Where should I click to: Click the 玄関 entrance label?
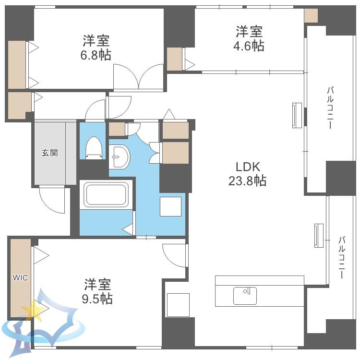coord(49,153)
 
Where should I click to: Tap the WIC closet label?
coord(20,277)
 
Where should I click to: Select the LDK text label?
coord(248,167)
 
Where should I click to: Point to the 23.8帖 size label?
coord(248,180)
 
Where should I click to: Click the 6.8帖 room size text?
coord(96,55)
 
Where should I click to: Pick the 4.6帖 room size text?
coord(249,46)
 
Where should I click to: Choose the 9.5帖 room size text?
coord(97,299)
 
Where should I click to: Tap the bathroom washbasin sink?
coord(120,157)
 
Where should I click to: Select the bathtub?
coord(106,195)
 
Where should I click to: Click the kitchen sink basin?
coord(245,296)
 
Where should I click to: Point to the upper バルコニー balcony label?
coord(330,108)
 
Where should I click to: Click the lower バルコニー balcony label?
coord(342,257)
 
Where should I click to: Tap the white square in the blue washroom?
coord(170,206)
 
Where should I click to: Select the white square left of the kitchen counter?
coord(178,305)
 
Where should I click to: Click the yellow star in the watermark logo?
coord(33,310)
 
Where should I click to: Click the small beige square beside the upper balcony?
coord(311,16)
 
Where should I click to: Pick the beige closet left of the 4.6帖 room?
coord(175,59)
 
